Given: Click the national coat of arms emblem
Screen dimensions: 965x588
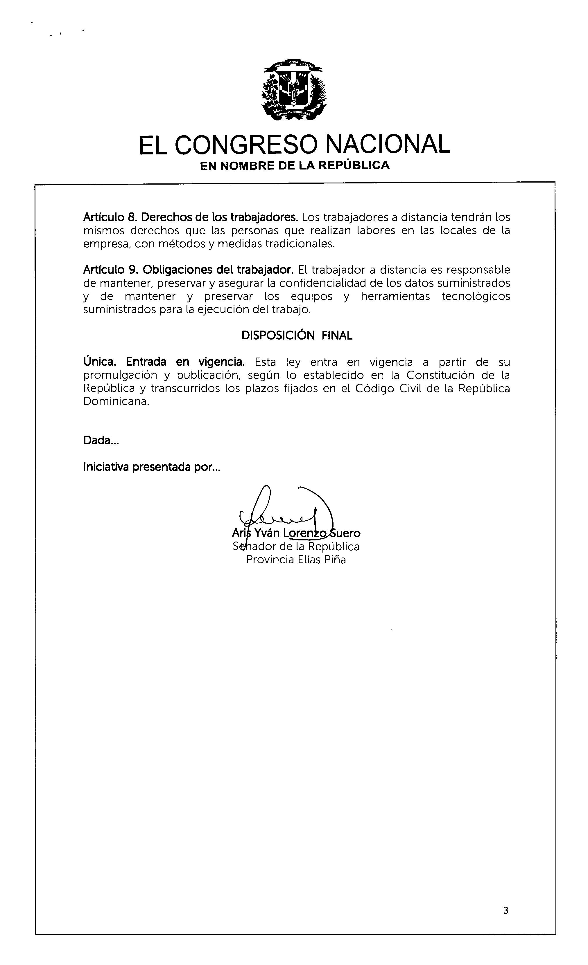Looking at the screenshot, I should coord(294,89).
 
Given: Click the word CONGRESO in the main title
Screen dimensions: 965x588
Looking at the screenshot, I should coord(245,145).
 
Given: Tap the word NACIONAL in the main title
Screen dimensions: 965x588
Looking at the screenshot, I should coord(388,145).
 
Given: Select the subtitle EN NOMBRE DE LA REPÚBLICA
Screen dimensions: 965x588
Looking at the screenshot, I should coord(294,166).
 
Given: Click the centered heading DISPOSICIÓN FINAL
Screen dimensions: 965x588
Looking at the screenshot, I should coord(297,336).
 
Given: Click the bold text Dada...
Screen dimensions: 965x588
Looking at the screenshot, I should coord(101,441).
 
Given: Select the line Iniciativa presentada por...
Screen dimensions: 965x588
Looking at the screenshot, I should coord(151,467).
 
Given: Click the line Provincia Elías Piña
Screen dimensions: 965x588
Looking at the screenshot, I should coord(296,560).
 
